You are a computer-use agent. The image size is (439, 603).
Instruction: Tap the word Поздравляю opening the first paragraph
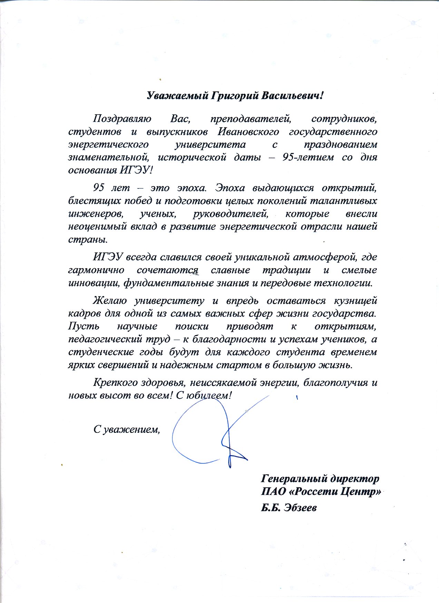(122, 119)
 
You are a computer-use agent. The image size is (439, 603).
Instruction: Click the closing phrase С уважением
(127, 429)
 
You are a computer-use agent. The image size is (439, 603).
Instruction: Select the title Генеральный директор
(320, 479)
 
